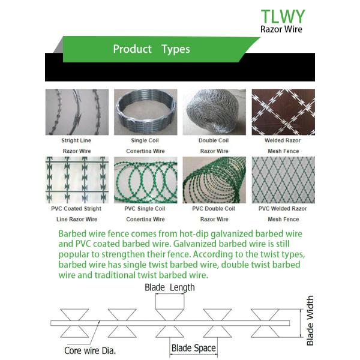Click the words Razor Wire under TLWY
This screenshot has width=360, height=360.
click(281, 29)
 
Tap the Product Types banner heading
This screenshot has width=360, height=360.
click(151, 49)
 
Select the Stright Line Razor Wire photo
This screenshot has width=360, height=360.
click(77, 112)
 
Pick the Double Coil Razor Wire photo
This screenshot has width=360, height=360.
click(214, 112)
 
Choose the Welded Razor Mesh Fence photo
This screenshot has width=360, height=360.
click(283, 112)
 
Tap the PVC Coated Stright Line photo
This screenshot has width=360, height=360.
click(77, 180)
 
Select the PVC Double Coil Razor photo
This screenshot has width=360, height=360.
click(214, 180)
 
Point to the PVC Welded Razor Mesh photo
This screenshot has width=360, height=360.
click(283, 180)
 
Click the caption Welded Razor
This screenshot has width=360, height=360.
click(283, 140)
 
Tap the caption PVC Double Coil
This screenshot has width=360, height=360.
click(214, 209)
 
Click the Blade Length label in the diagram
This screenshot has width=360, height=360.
click(170, 287)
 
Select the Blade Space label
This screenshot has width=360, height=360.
click(193, 348)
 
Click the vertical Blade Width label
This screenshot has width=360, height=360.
click(310, 320)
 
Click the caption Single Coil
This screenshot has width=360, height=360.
click(145, 140)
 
